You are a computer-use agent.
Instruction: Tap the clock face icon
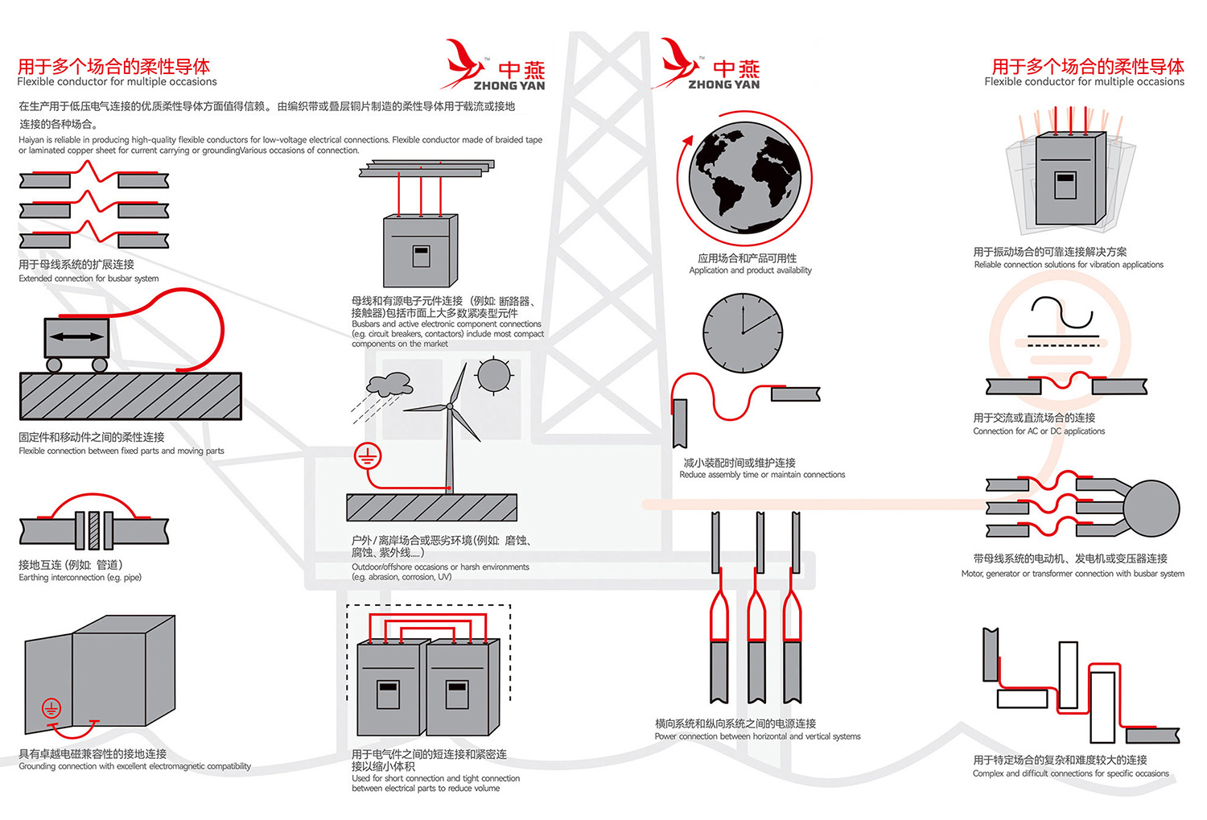coord(742,332)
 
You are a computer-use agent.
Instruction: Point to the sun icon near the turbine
coord(493,374)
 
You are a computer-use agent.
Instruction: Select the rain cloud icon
coord(389,384)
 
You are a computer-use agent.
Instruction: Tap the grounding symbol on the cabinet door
coord(51,708)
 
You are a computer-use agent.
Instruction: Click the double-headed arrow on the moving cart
coord(76,338)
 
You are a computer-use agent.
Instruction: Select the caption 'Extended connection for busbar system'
coord(89,278)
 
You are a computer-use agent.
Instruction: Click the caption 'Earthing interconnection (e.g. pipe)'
coord(80,577)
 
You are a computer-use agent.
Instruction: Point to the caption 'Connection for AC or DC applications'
coord(1039,431)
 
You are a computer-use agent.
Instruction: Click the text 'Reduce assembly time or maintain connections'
coord(762,475)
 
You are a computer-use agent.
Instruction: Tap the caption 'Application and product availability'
coord(750,270)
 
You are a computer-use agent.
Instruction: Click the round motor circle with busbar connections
coord(1151,509)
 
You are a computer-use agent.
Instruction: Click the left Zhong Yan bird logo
coord(462,63)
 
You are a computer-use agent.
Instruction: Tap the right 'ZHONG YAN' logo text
coord(723,84)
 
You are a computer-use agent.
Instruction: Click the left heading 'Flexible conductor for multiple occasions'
coord(117,81)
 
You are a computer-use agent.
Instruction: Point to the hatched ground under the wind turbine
coord(431,508)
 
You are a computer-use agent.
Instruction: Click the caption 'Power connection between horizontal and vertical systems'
coord(757,736)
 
